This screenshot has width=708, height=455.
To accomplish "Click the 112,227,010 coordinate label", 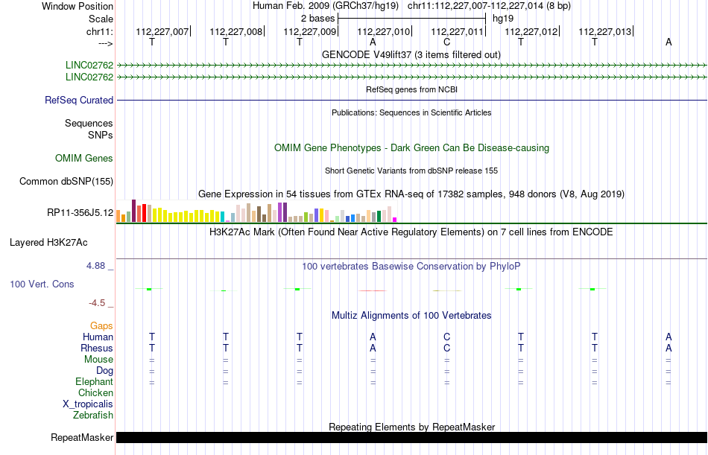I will [x=384, y=31].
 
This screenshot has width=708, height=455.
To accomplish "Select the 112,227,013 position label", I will [x=604, y=31].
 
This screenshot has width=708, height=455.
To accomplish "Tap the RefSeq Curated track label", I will [x=79, y=100].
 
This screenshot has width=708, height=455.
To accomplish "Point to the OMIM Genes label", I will [x=84, y=158].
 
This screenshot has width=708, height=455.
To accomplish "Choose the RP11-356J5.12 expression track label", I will [x=80, y=213].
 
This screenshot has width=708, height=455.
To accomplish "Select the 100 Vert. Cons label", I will [x=42, y=284].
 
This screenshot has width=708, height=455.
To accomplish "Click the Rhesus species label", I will [x=97, y=348].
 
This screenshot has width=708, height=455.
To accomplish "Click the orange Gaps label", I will [x=101, y=325].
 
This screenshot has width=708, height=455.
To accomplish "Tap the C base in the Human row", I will [x=446, y=337].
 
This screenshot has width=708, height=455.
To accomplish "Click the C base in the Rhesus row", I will [x=446, y=348].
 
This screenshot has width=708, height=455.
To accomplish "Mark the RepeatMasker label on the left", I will [x=82, y=437].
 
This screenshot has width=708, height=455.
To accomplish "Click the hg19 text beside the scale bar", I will [x=503, y=18].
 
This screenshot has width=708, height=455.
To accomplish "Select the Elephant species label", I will [x=94, y=381].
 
